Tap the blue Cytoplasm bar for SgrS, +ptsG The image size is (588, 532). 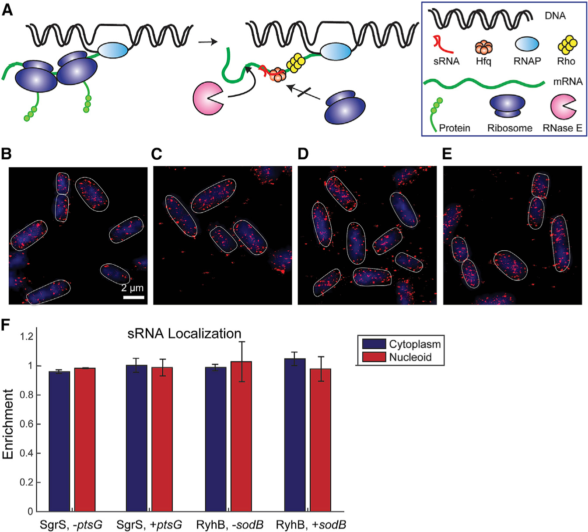click(136, 438)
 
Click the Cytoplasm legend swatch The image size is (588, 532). click(374, 344)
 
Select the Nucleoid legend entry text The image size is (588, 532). click(410, 357)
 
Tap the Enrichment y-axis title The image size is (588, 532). click(8, 424)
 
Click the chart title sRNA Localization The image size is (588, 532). click(184, 334)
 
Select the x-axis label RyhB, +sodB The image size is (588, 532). click(311, 525)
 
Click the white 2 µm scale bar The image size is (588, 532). click(133, 297)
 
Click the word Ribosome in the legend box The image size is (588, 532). click(510, 128)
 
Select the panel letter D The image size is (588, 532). click(303, 154)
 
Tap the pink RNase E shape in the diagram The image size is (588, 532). click(207, 98)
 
